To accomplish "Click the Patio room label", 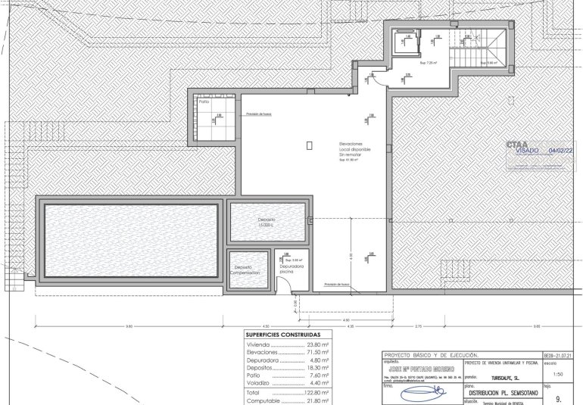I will point(204,101).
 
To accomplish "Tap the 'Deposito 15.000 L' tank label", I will point(268,223).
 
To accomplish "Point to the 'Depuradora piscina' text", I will point(291,269).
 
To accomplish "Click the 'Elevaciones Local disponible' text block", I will point(355,151).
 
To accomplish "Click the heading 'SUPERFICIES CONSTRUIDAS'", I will point(283,334).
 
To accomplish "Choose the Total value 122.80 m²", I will point(316,393).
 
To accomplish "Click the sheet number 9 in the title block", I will point(559,396).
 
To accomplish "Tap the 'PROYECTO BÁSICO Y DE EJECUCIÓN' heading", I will point(432,354).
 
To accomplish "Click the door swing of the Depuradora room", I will point(280,285).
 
